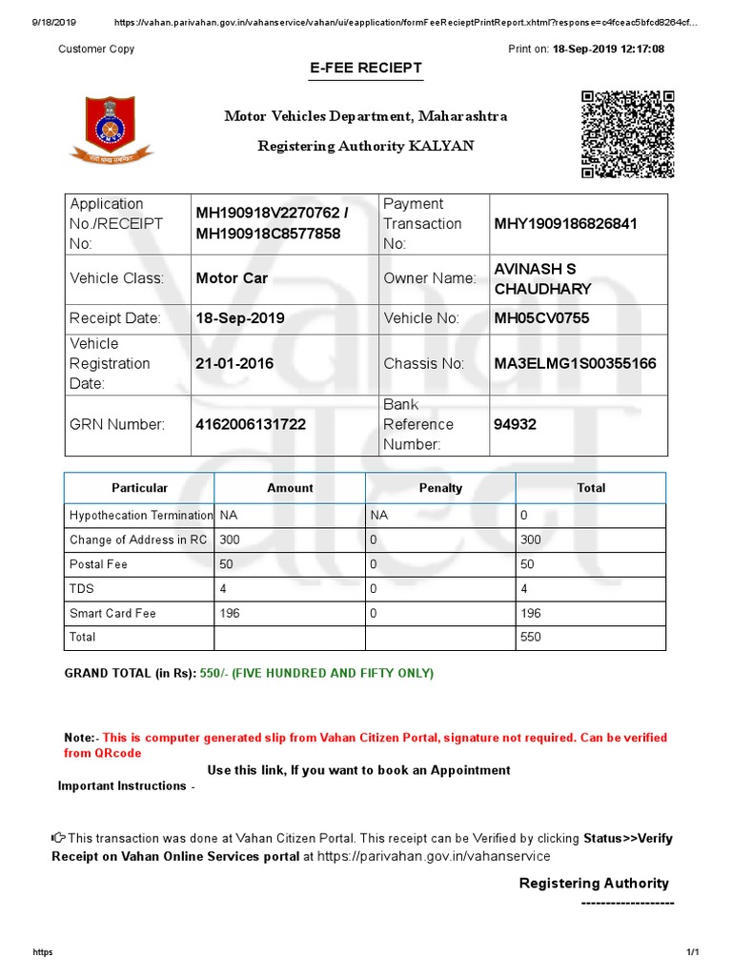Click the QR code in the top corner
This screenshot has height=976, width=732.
point(628,134)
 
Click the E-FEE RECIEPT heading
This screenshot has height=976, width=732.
point(366,69)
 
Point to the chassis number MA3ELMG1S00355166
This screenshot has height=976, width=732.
point(575,363)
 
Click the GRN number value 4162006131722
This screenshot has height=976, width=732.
point(251,424)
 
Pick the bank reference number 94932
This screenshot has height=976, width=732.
point(516,424)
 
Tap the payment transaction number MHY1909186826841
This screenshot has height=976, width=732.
point(566,224)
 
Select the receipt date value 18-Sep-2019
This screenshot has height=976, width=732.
point(240,318)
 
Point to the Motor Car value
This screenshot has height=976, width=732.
point(232,278)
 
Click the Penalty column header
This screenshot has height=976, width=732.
point(440,488)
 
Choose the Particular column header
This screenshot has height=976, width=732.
point(139,488)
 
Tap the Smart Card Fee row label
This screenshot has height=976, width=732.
point(112,614)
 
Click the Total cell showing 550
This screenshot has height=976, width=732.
point(530,638)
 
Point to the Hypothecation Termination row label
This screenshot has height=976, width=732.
point(140,516)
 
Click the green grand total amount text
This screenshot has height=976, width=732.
point(316,674)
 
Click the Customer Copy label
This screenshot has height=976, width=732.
point(96,49)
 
